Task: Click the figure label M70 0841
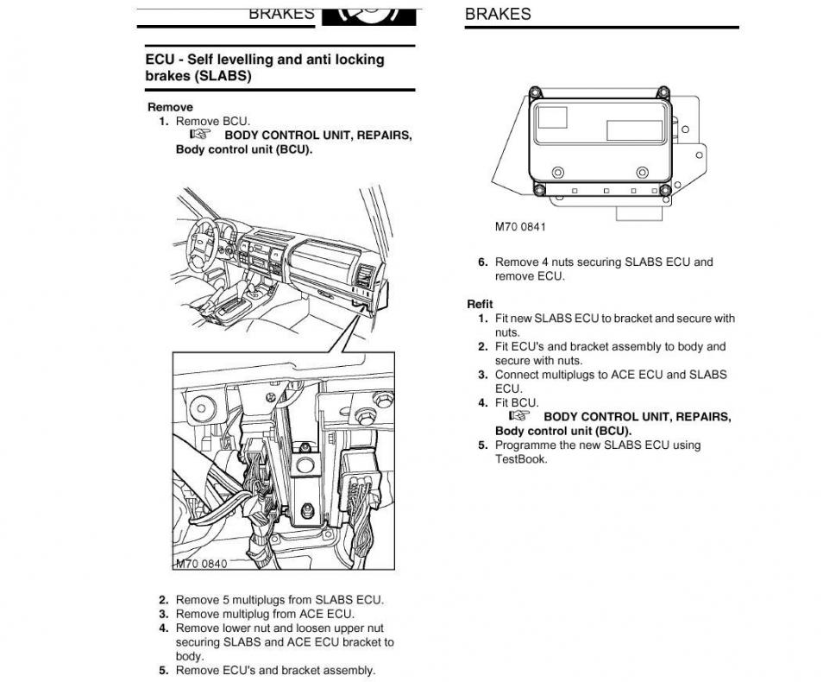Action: point(520,227)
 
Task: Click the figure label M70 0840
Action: point(201,564)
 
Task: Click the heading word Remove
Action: point(170,107)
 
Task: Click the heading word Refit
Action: point(480,304)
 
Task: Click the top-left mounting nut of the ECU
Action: point(535,92)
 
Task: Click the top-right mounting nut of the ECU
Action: point(663,92)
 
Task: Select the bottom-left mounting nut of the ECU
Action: point(539,190)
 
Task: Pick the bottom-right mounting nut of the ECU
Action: point(667,190)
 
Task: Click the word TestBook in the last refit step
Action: point(521,459)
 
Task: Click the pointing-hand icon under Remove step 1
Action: point(199,135)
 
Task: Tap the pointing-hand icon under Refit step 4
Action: point(518,416)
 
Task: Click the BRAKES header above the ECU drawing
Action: point(498,14)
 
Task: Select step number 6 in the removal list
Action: point(483,262)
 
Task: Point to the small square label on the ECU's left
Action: point(553,117)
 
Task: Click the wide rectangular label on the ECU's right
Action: point(634,130)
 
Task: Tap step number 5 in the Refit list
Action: point(483,445)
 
